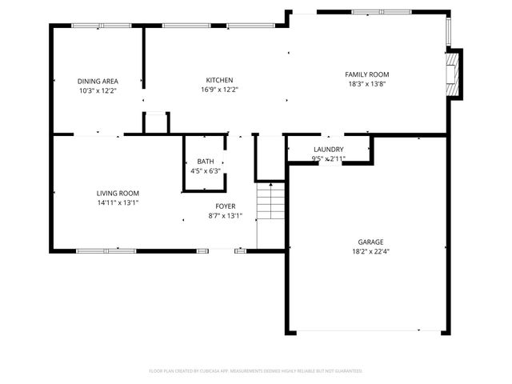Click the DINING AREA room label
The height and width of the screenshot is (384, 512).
(98, 81)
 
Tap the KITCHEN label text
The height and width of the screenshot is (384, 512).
(219, 80)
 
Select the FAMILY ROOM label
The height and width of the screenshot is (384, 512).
(367, 74)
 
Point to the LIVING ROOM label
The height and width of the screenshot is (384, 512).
(118, 193)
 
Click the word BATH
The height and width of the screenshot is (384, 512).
(206, 161)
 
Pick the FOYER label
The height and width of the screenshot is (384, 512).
(225, 206)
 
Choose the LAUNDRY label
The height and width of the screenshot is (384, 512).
(328, 150)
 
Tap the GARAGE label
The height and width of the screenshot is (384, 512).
(370, 242)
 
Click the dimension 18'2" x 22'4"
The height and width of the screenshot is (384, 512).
(370, 251)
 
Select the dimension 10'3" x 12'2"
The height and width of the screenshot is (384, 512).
(98, 90)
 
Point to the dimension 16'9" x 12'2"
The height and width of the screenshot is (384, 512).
(219, 90)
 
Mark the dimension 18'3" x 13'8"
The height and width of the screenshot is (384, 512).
(367, 84)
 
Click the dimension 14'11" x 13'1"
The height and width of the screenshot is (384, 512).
(118, 202)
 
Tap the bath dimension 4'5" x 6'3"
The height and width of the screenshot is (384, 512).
(206, 170)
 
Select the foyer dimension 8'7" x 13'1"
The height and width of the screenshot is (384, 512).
(225, 216)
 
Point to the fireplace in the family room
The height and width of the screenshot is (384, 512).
(454, 74)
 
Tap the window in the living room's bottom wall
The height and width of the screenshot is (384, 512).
(105, 251)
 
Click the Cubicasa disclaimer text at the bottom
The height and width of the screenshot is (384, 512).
(256, 371)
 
